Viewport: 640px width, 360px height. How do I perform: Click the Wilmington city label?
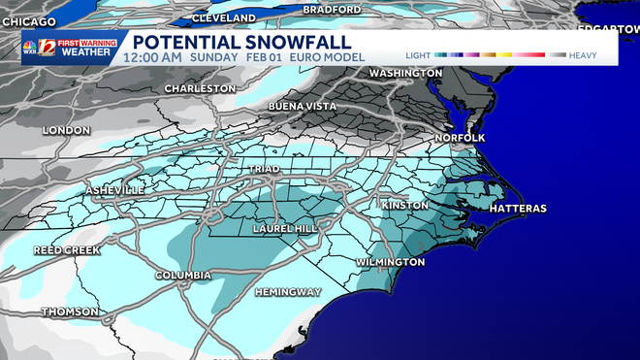click(390, 262)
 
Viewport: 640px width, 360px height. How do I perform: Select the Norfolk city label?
click(460, 138)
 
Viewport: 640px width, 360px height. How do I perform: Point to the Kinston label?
click(404, 206)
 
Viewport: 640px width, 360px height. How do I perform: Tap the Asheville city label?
click(115, 189)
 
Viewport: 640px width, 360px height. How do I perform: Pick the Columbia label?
click(183, 276)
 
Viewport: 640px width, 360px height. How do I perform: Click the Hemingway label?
click(287, 292)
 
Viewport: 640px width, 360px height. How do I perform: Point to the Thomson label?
click(69, 311)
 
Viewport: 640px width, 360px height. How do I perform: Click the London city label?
click(67, 130)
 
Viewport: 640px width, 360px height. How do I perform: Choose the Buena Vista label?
click(302, 105)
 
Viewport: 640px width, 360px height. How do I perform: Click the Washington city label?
click(399, 73)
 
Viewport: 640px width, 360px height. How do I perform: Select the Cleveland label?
click(230, 18)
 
